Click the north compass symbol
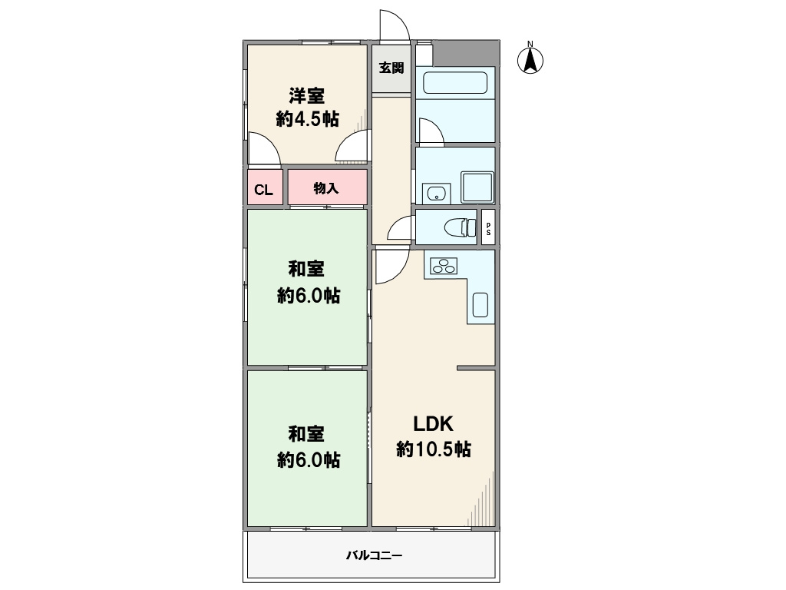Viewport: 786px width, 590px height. [530, 58]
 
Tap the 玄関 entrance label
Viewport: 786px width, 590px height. [391, 68]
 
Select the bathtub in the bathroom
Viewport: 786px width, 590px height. [455, 83]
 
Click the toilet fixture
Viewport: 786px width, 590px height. [461, 227]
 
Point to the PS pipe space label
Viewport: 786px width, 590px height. [488, 229]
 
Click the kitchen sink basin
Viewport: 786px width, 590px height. [481, 304]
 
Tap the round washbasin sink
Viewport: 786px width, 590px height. [436, 193]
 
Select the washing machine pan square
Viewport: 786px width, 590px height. [477, 187]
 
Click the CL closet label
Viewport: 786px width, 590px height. [264, 191]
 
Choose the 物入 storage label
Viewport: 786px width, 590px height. [326, 188]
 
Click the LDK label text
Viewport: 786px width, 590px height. [433, 424]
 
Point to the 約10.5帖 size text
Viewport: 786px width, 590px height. [434, 449]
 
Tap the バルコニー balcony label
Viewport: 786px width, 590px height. [374, 555]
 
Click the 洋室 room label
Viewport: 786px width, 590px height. [306, 95]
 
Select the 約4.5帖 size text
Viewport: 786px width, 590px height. [307, 119]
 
